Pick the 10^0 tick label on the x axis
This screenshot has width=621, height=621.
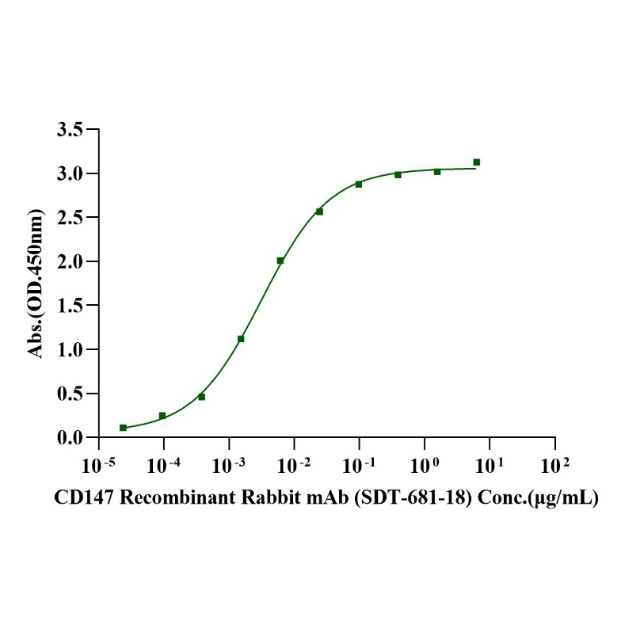coord(425,460)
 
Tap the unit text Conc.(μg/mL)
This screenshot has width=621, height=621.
coord(545,498)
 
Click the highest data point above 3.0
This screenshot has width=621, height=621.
coord(477,162)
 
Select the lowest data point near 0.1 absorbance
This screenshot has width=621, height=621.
coord(123,428)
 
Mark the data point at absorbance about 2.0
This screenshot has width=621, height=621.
coord(280,261)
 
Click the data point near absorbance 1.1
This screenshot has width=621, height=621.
coord(241,339)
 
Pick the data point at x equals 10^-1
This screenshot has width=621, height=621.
coord(359,184)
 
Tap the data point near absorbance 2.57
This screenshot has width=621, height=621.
coord(319,211)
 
